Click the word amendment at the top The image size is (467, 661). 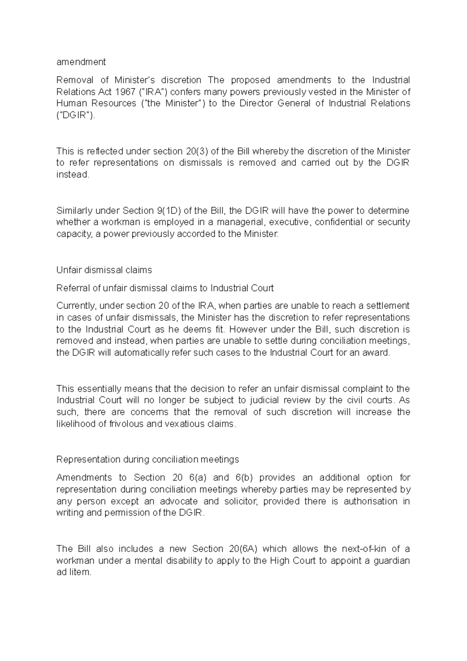(x=81, y=62)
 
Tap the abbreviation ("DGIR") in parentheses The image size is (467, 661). (x=75, y=115)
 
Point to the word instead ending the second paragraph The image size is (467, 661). (x=72, y=174)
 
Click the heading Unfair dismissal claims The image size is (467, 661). (x=104, y=270)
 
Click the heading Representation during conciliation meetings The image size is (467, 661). (x=147, y=459)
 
